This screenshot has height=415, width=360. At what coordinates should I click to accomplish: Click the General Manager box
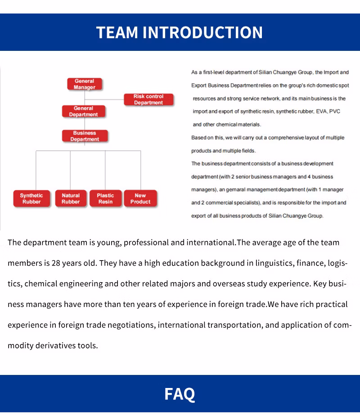(84, 84)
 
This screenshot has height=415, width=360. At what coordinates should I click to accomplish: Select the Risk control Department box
(148, 99)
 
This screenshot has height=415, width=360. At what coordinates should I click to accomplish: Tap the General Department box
(83, 111)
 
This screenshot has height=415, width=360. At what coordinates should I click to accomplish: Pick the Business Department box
(85, 136)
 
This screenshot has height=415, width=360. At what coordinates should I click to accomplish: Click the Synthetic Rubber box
(31, 198)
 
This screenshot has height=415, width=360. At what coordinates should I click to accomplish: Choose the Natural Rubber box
(71, 198)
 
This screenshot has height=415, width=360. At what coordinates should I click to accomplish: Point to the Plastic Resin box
(105, 198)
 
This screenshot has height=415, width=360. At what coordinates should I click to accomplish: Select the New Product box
(140, 198)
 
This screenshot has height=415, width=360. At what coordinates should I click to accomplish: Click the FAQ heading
(180, 394)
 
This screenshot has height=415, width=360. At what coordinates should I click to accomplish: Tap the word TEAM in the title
(117, 32)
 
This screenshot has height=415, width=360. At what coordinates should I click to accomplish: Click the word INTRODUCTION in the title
(203, 32)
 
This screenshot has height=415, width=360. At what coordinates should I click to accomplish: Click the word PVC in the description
(335, 111)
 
